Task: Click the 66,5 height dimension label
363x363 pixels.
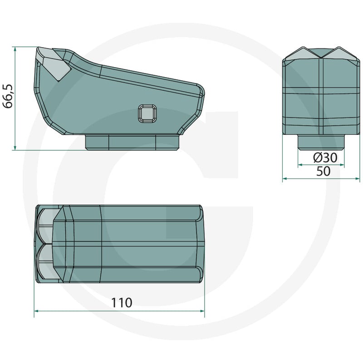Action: click(8, 96)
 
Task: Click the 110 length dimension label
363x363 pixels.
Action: click(122, 303)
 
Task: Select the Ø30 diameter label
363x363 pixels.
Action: click(325, 157)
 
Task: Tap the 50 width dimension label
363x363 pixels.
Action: click(323, 172)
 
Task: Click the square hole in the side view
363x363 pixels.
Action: click(147, 113)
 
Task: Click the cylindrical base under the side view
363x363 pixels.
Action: click(132, 142)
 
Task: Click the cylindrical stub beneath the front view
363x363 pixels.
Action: click(321, 142)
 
